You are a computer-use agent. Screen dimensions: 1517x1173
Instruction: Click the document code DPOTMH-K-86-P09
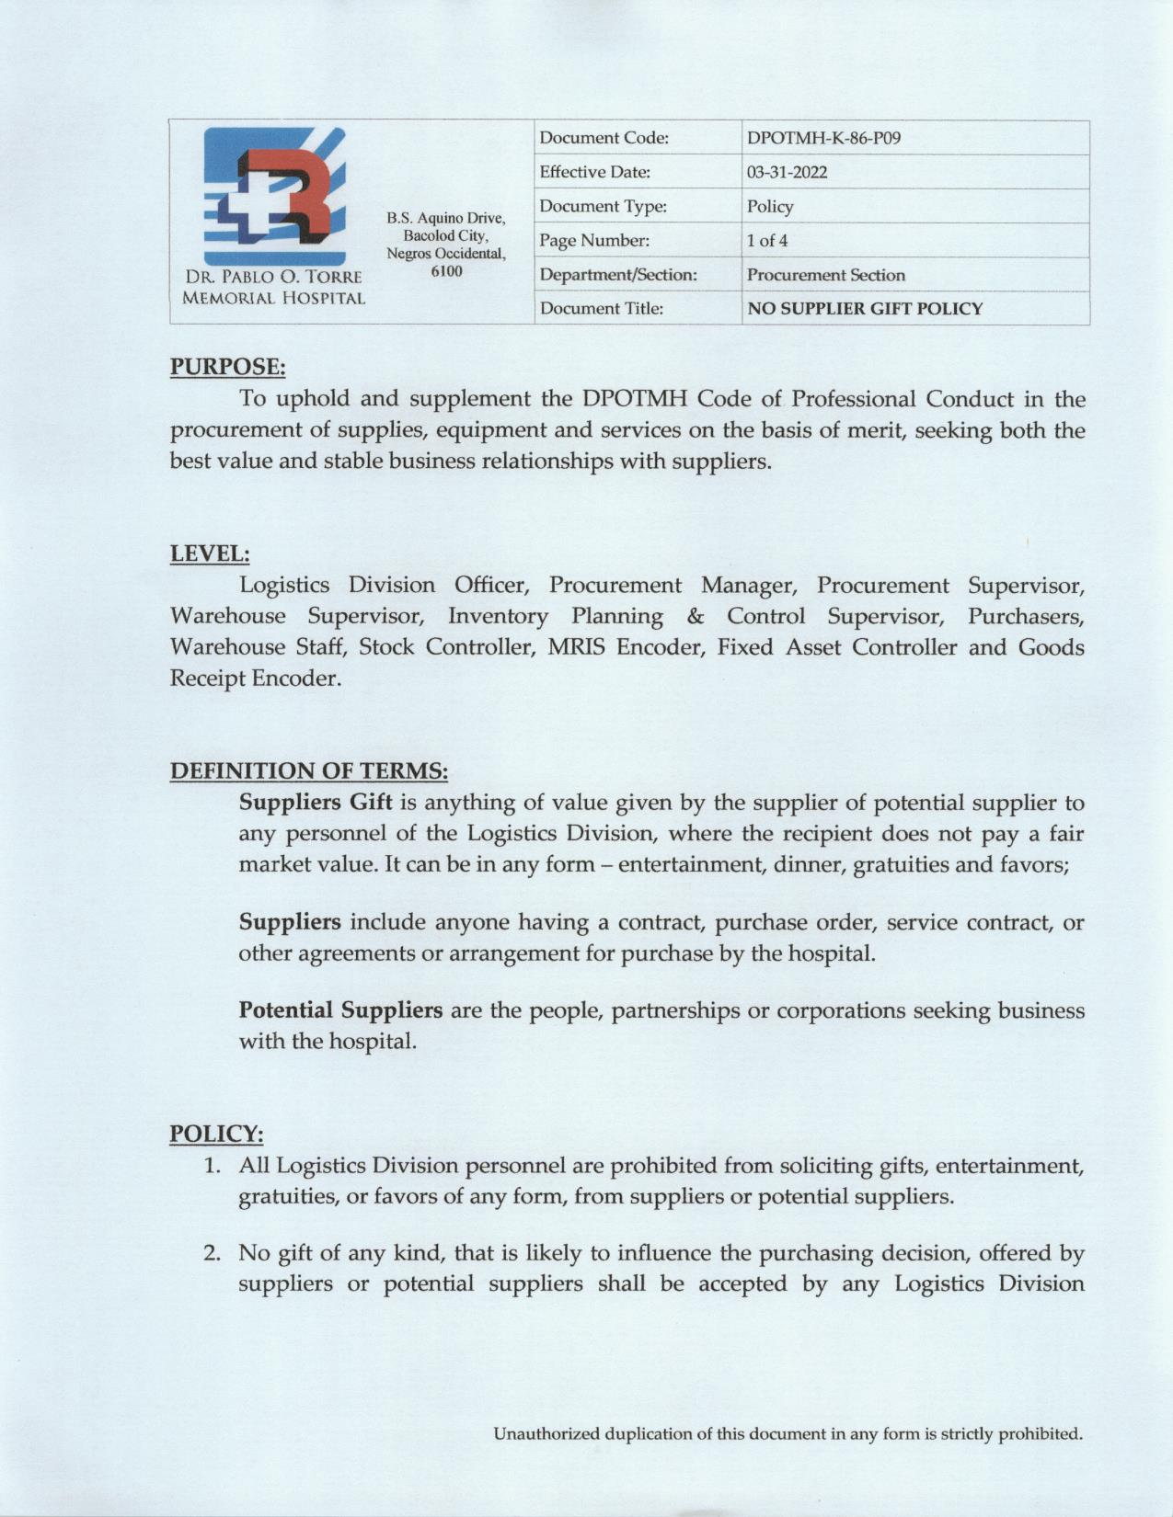pyautogui.click(x=823, y=138)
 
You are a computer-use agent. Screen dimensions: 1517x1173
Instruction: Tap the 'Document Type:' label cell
pyautogui.click(x=603, y=207)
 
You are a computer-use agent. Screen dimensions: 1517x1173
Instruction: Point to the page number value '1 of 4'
pyautogui.click(x=766, y=241)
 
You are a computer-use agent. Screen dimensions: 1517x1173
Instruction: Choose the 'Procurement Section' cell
pyautogui.click(x=825, y=275)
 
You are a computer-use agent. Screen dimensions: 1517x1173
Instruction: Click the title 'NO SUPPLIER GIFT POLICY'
pyautogui.click(x=864, y=309)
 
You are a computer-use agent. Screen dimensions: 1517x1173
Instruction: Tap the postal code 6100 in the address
pyautogui.click(x=446, y=271)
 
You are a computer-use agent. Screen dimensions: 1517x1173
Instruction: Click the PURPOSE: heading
pyautogui.click(x=227, y=367)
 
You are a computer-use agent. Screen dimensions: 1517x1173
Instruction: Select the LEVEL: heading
pyautogui.click(x=210, y=553)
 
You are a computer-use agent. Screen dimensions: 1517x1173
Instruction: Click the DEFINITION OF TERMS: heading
pyautogui.click(x=309, y=770)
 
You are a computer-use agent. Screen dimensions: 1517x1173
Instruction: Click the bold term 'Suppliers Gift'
pyautogui.click(x=316, y=803)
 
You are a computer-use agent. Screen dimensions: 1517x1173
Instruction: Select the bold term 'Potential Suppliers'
pyautogui.click(x=340, y=1010)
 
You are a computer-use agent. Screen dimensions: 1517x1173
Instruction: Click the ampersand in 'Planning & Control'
pyautogui.click(x=695, y=616)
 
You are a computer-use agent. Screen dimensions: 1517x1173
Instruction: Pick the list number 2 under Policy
pyautogui.click(x=213, y=1253)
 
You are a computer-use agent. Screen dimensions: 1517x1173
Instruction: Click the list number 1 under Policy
pyautogui.click(x=213, y=1166)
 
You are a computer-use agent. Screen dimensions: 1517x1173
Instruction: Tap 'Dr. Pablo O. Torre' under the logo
pyautogui.click(x=273, y=277)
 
